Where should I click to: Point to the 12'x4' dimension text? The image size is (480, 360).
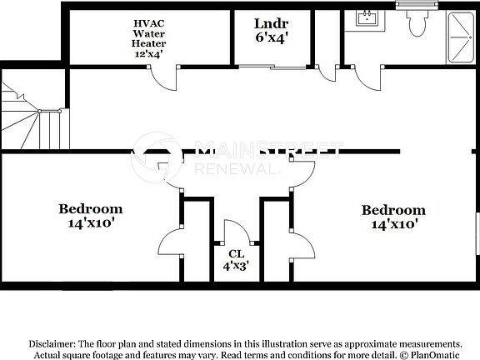149,54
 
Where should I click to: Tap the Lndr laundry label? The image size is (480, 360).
271,22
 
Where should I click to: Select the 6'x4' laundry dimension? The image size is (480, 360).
271,37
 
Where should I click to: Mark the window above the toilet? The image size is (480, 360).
416,5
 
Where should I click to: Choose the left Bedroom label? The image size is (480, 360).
91,208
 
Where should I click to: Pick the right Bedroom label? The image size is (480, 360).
393,210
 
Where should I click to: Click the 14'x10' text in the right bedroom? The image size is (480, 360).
393,223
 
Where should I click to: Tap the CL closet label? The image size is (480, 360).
236,253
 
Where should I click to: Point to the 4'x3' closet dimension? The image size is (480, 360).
236,267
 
